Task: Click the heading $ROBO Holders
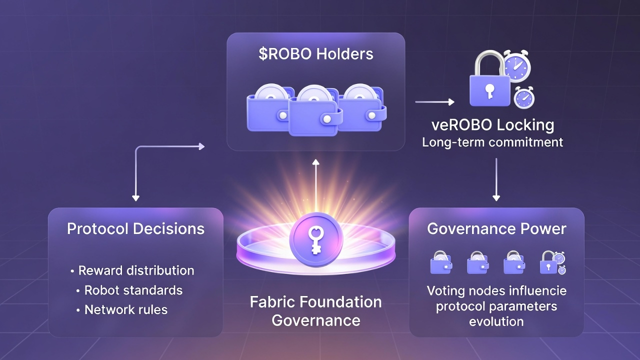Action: coord(315,54)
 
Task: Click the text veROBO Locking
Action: coord(492,124)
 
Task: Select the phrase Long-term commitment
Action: coord(492,142)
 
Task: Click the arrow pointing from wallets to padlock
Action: coord(434,102)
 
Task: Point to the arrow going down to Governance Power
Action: coord(496,180)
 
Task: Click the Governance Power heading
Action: coord(496,229)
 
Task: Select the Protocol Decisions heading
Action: coord(135,229)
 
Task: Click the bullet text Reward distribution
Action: coord(136,270)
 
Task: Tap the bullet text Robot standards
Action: coord(133,290)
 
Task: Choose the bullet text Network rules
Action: coord(125,309)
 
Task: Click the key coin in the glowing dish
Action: coord(315,235)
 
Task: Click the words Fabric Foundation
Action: coord(315,302)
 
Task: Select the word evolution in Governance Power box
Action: coord(496,321)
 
